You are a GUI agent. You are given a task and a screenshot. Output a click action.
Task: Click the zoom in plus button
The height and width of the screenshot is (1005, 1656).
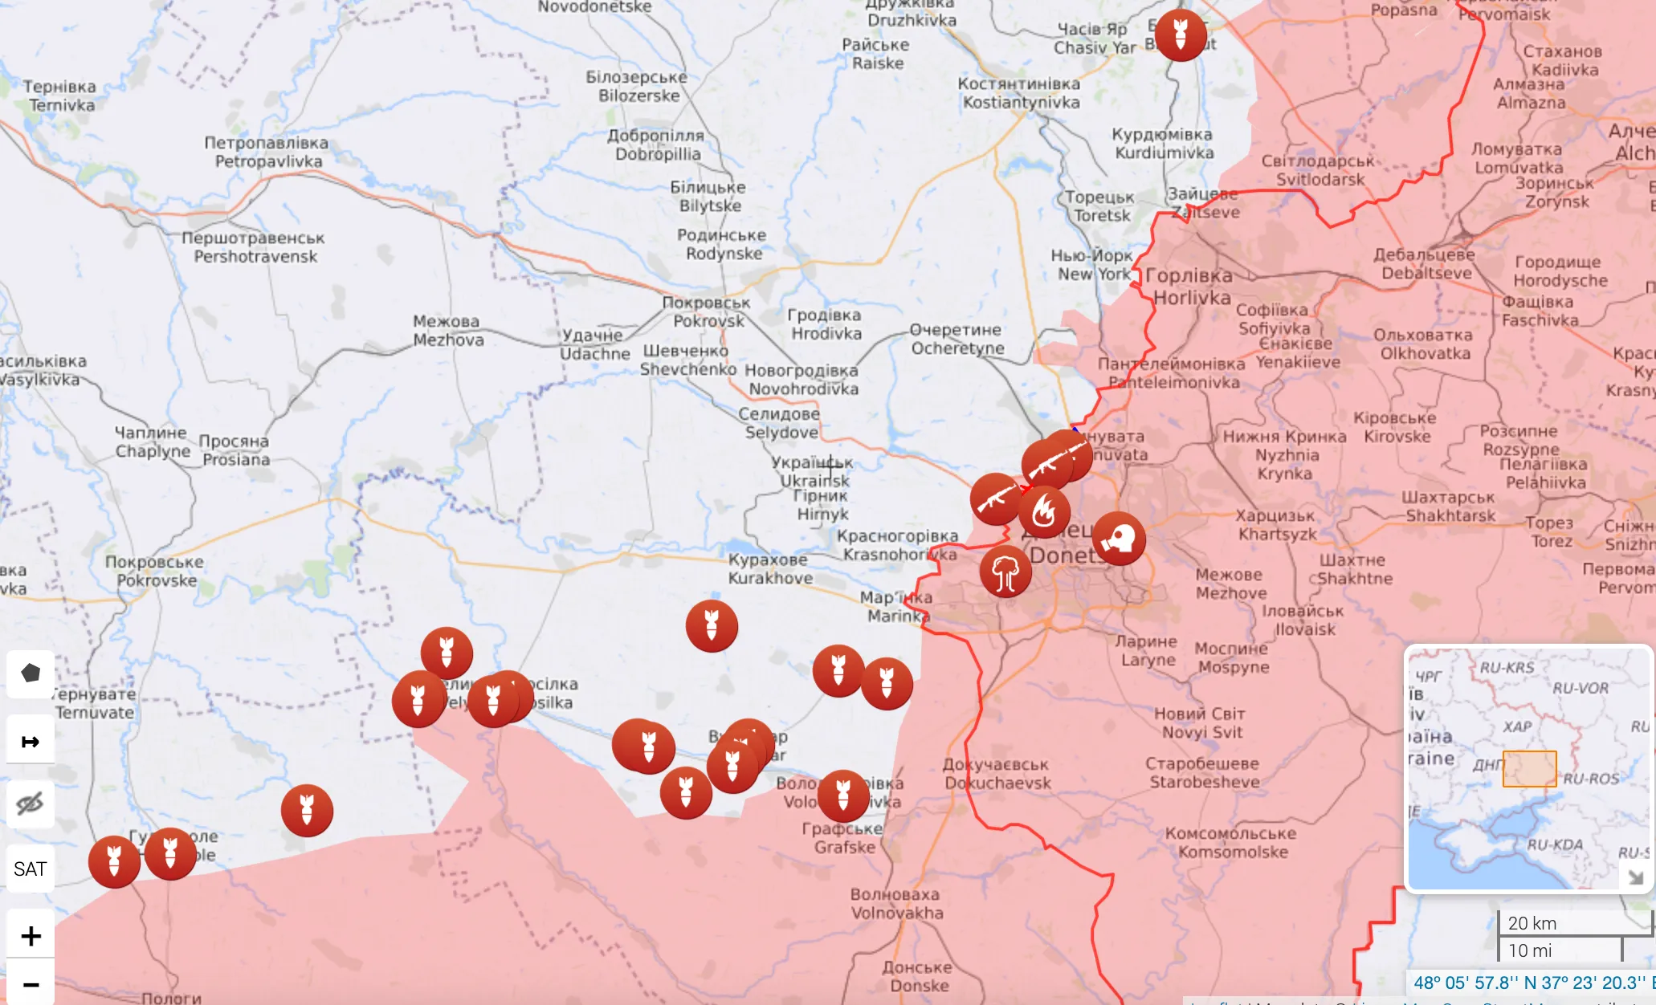pos(31,936)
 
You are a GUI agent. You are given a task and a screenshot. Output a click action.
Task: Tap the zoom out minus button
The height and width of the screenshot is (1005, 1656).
pos(31,984)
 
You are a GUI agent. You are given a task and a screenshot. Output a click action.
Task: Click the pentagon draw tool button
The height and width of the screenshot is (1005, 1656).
pos(31,673)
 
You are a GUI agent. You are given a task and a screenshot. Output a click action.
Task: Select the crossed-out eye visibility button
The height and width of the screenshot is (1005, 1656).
pos(31,804)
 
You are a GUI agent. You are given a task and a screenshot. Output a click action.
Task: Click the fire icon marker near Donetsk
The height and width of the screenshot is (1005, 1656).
pos(1044,511)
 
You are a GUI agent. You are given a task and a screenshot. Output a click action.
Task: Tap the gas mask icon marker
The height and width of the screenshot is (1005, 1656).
pos(1119,538)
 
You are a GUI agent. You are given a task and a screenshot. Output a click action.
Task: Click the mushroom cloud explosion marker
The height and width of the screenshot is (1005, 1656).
pos(1005,572)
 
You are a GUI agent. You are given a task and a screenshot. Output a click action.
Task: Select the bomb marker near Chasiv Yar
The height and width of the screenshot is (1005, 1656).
pos(1180,35)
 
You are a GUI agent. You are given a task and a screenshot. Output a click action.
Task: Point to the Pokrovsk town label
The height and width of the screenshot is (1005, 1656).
pos(707,312)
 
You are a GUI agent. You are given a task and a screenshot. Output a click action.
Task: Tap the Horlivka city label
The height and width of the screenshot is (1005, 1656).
pos(1190,287)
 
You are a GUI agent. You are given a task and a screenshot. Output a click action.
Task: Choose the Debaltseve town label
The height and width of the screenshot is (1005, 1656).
pos(1425,264)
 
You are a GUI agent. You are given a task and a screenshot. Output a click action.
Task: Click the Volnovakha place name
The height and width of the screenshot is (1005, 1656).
pos(896,904)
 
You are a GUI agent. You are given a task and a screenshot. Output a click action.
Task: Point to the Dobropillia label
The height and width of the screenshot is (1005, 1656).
pos(656,144)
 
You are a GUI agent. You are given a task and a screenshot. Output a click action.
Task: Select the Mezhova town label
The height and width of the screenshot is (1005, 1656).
pos(447,331)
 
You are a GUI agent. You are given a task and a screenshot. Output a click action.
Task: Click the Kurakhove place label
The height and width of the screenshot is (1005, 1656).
pos(769,568)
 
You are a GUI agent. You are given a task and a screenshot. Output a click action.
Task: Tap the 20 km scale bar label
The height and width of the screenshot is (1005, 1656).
pos(1532,923)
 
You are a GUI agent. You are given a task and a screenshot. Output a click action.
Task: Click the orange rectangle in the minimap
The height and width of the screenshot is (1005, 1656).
pos(1529,768)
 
